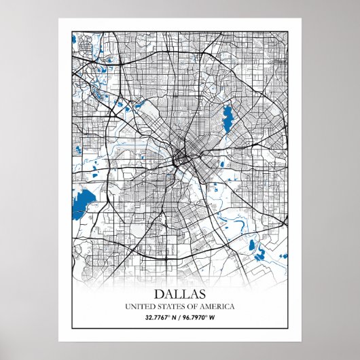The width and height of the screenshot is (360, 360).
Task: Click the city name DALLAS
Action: point(180,294)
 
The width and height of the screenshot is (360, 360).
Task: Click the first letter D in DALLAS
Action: point(159,294)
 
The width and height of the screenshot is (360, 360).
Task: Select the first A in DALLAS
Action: point(168,294)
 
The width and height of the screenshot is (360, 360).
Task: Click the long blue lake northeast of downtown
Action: point(227,117)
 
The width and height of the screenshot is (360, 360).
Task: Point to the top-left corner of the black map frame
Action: point(70,31)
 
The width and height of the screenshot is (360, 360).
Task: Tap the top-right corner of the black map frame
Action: point(289,31)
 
